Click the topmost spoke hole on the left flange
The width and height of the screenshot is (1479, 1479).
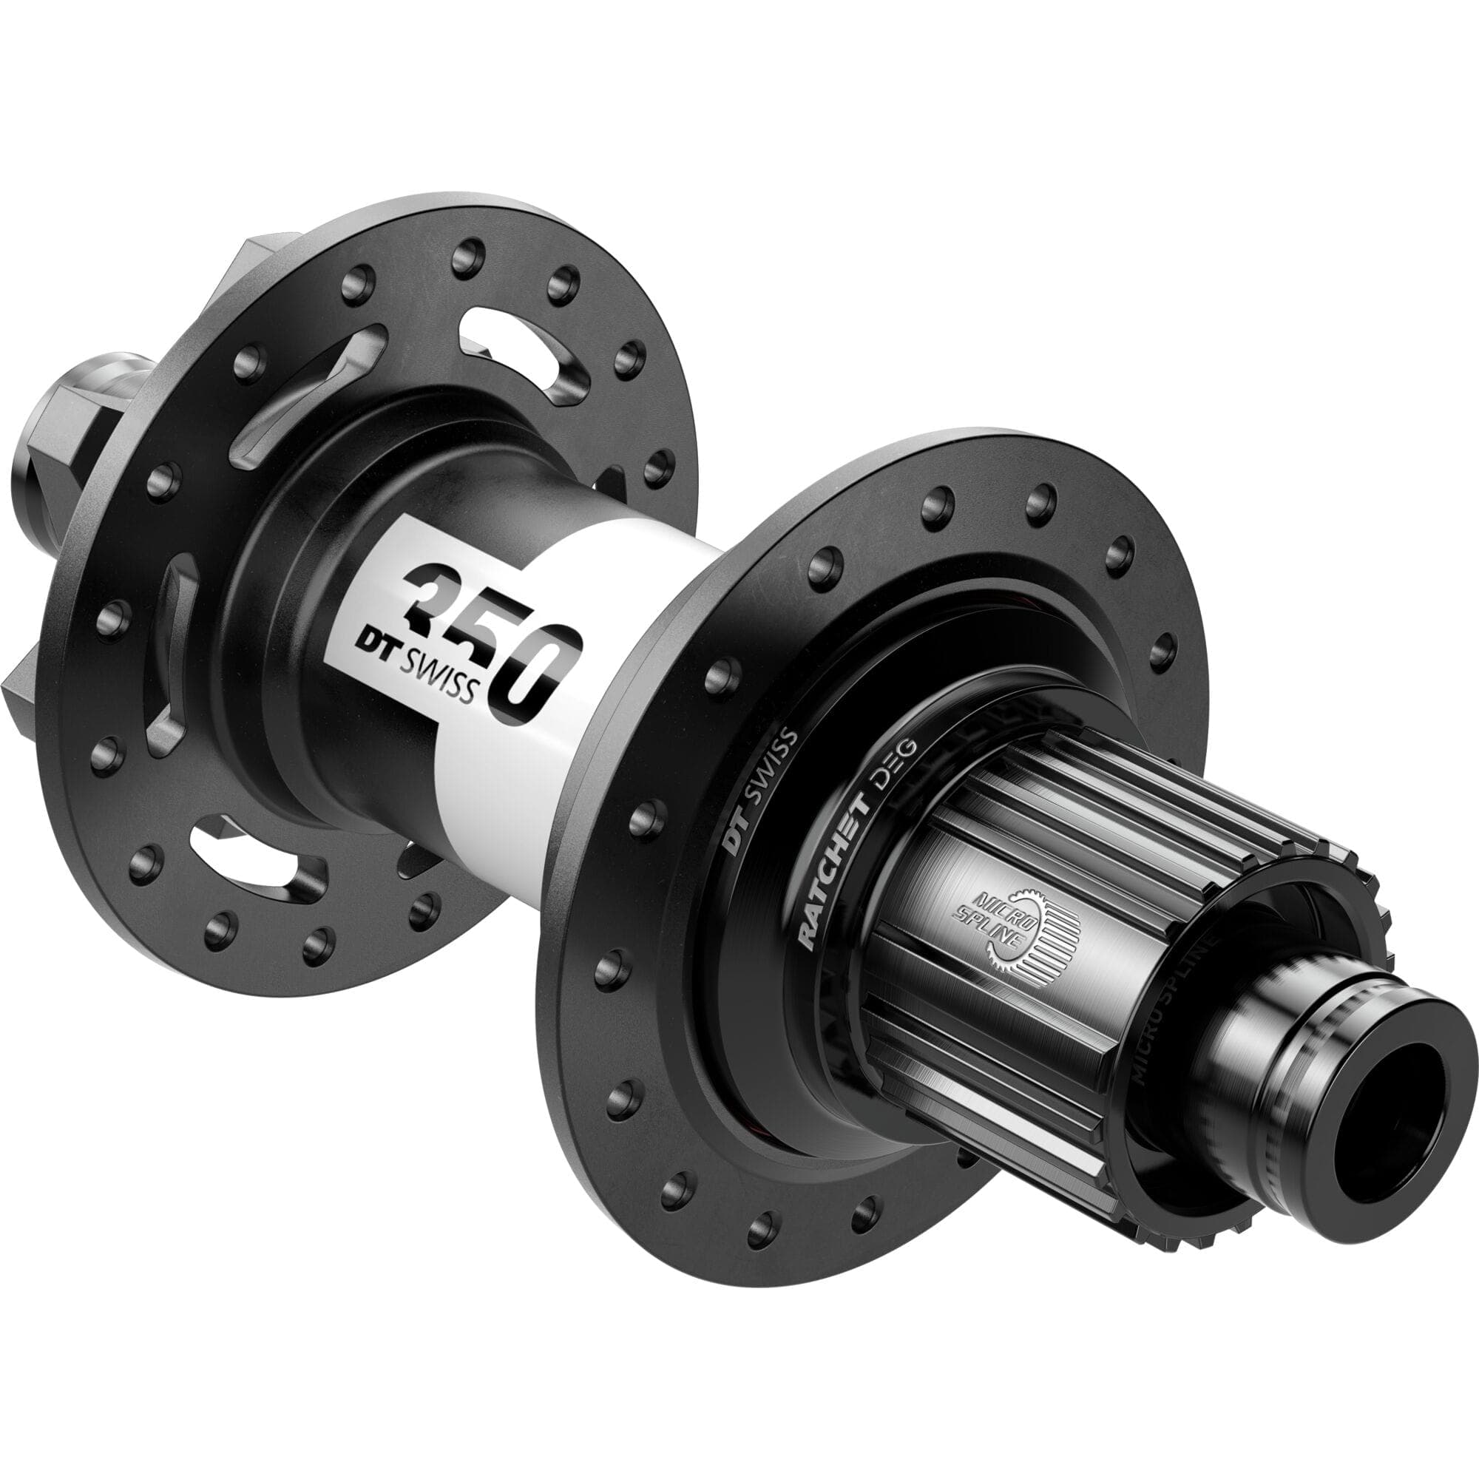[x=469, y=257]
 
